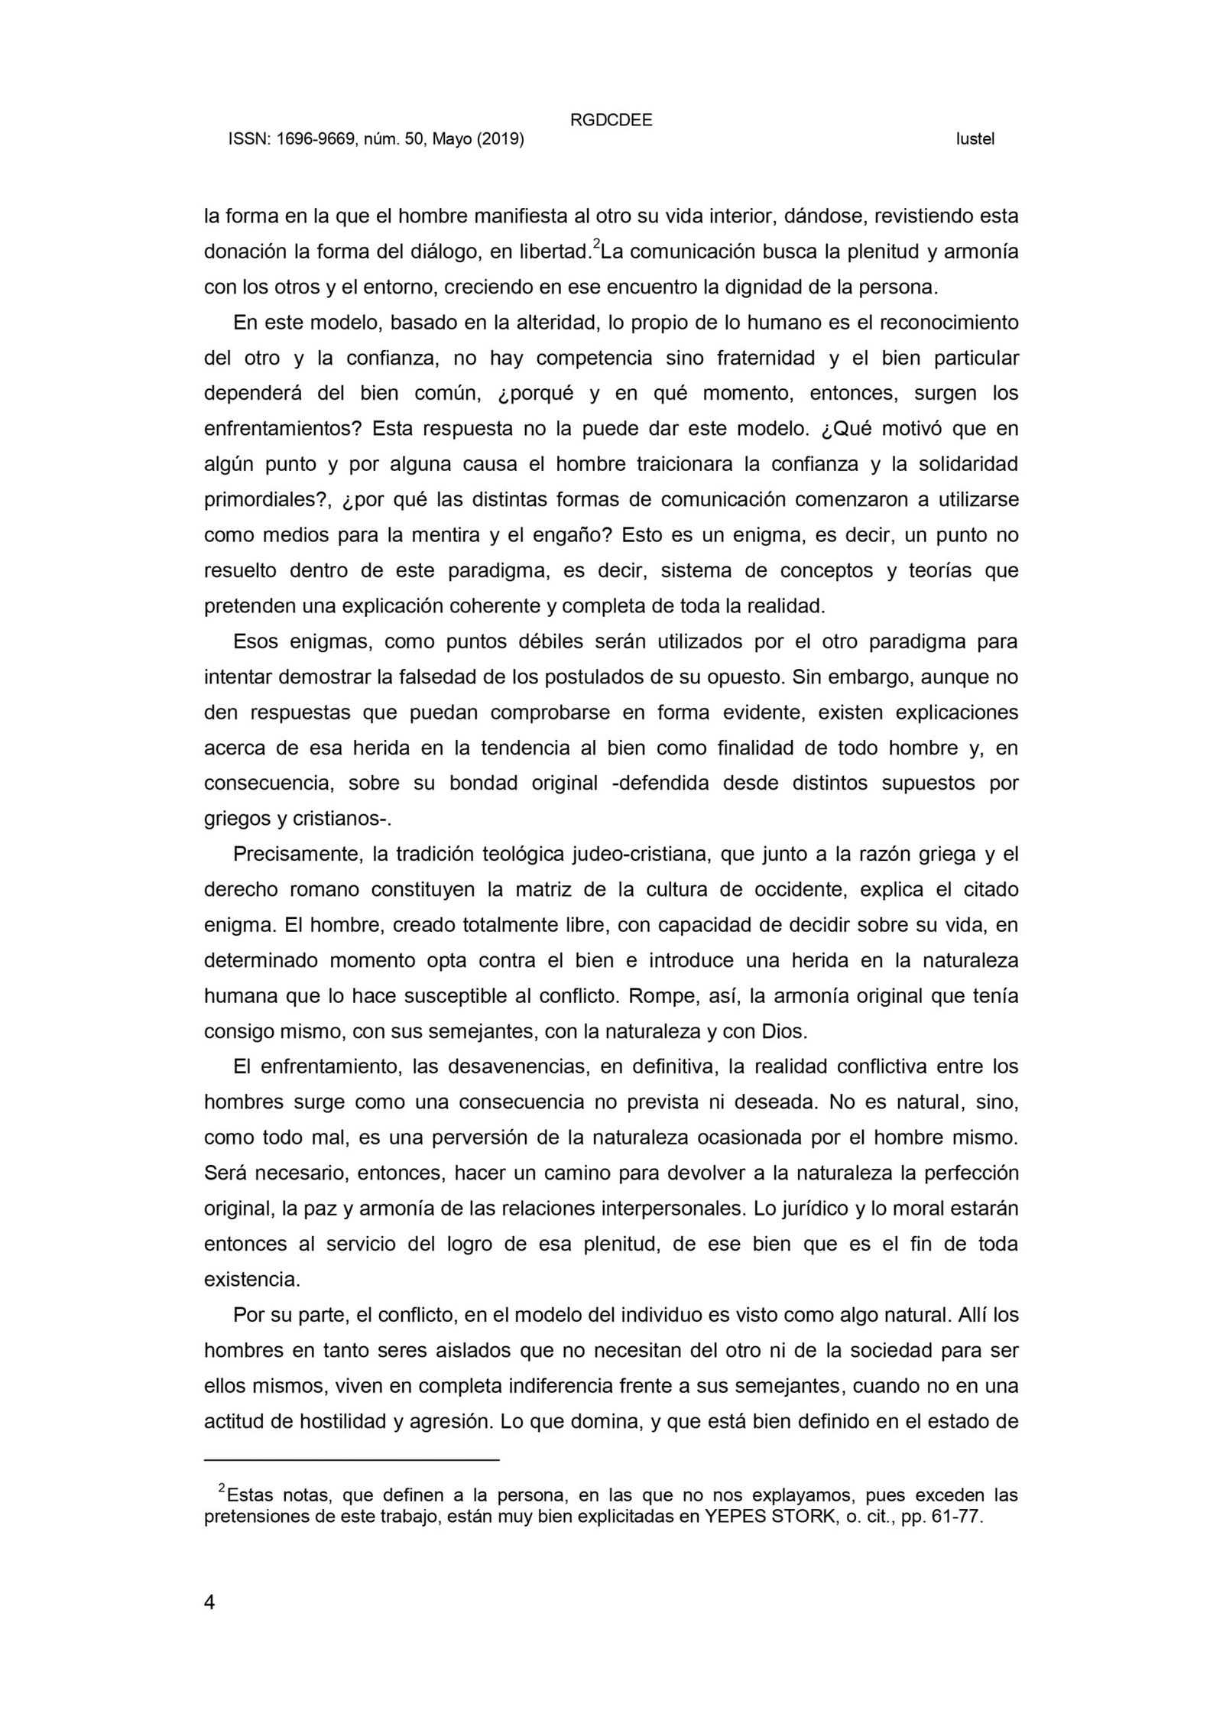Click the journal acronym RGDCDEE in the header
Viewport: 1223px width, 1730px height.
tap(611, 120)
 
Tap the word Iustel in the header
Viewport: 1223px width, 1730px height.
tap(975, 140)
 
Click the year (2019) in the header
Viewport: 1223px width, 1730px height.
tap(500, 140)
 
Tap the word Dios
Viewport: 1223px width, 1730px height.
tap(784, 1031)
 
